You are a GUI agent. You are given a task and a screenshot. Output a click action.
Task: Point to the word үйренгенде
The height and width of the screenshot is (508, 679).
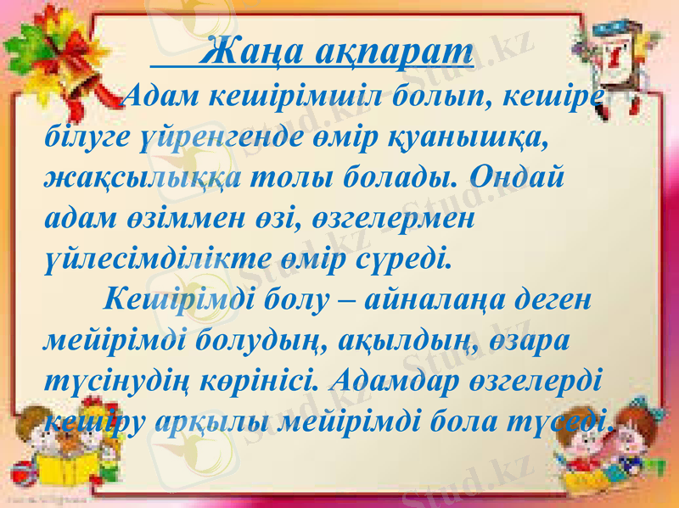(216, 140)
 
